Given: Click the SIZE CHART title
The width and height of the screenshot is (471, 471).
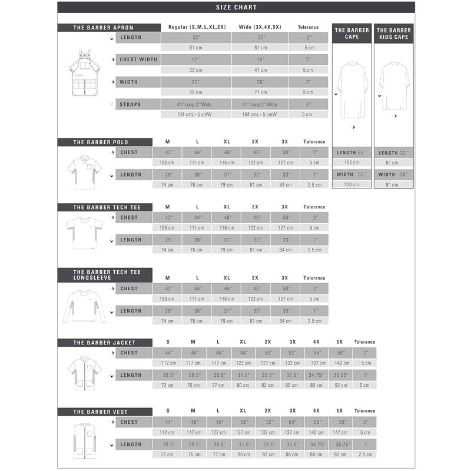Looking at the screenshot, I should coord(235,8).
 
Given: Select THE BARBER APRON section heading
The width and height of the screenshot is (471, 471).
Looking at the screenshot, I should coord(104,28).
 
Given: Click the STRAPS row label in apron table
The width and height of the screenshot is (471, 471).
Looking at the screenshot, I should coord(130,105).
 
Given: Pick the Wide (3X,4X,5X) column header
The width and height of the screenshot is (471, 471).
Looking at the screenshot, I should coord(259,28).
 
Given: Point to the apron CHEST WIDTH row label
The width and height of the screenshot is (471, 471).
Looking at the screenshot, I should coord(138,60).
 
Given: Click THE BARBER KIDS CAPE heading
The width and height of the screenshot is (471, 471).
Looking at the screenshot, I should coord(393,34).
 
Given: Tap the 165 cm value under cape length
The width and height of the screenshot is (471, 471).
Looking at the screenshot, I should coord(352,162).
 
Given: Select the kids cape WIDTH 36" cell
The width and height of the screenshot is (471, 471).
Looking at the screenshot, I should coord(393,175).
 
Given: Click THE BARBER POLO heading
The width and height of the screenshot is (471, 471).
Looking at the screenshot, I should coord(101,142).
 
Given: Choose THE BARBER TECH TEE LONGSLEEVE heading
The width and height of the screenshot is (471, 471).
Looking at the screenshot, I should coord(104,274).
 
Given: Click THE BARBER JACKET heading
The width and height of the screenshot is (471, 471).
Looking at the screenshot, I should coord(104,343).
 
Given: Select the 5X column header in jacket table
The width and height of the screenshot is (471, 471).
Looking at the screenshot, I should coord(340,342).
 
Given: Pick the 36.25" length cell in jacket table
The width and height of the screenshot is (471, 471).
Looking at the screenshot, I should coord(340,375).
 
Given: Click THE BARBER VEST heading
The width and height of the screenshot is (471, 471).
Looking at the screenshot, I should coord(100,412).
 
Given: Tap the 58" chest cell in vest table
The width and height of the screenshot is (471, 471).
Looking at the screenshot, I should coord(340,422).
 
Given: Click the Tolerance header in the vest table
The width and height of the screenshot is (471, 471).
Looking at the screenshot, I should coord(364,411).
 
